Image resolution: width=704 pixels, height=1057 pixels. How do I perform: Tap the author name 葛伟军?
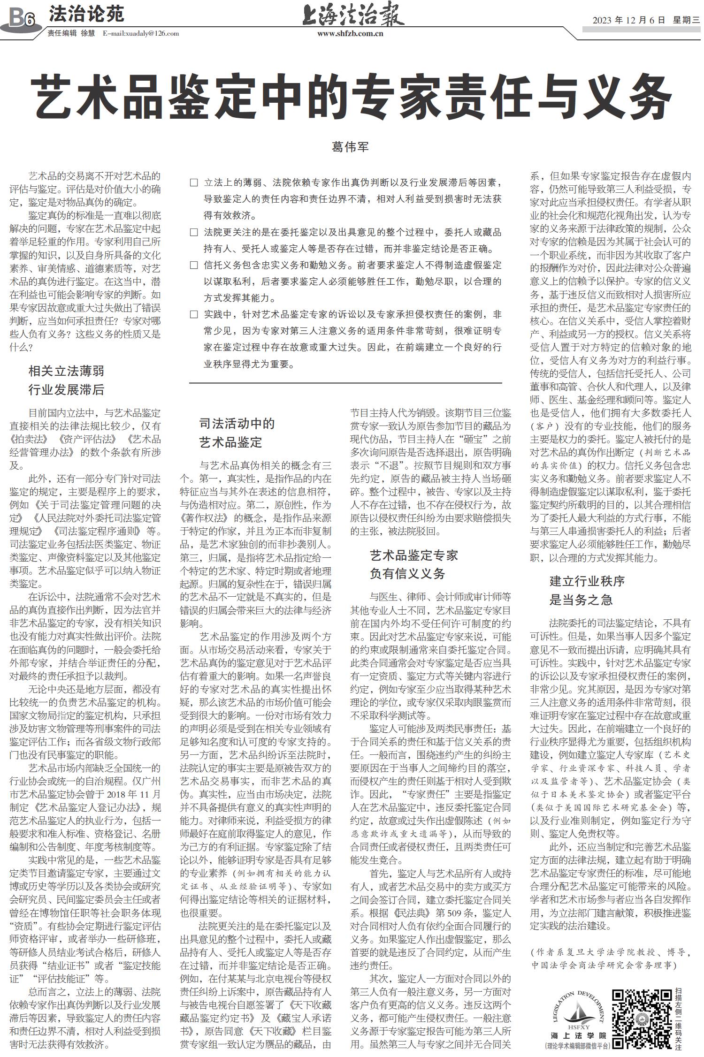(x=351, y=147)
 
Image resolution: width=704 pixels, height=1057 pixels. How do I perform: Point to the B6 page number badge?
(x=22, y=19)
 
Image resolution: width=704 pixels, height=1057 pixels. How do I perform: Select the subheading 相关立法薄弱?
(x=66, y=372)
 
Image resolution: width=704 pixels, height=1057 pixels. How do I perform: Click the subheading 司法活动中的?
(x=237, y=424)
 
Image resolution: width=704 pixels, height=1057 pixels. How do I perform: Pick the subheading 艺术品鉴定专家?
(x=413, y=555)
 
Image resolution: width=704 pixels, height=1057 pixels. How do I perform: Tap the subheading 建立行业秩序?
(x=587, y=581)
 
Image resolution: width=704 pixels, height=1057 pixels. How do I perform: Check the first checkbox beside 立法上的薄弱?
(x=194, y=183)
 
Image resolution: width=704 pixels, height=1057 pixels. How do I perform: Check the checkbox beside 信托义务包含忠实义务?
(x=194, y=265)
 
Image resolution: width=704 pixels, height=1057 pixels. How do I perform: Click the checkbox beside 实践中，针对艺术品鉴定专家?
(x=194, y=314)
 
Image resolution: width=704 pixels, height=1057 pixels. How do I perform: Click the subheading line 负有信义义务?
(x=407, y=574)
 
